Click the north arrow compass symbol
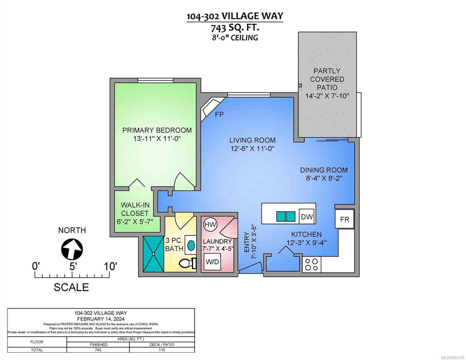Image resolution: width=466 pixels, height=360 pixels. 72,249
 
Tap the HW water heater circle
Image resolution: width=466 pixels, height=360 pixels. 210,225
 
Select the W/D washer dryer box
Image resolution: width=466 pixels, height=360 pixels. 212,262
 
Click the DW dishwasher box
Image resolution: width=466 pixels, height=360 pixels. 307,217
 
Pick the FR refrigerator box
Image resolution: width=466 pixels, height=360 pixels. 344,219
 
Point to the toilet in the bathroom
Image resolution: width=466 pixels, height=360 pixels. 188,263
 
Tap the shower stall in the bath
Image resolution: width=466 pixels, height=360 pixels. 153,254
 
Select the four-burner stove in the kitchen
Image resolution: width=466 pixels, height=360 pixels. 311,265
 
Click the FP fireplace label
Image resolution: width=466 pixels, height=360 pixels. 219,115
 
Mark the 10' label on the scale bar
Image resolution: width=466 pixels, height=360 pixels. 110,266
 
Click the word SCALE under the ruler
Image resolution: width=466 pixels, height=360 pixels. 71,287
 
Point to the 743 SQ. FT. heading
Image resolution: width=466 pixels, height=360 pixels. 235,28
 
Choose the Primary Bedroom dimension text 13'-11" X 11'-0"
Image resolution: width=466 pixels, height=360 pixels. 157,139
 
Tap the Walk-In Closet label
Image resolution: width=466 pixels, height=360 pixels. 135,209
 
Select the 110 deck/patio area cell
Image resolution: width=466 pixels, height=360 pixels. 162,350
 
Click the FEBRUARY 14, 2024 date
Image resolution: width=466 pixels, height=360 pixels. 101,319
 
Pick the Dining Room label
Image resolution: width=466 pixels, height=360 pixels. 324,170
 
